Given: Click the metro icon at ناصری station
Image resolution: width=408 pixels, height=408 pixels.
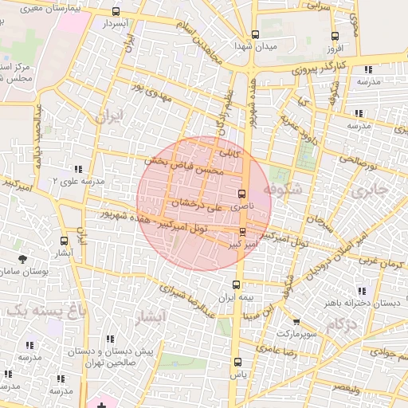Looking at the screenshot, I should (242, 194).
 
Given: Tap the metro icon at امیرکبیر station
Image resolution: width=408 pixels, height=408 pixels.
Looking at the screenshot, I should (243, 233).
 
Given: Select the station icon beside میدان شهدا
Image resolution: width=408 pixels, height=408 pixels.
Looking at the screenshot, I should (255, 35).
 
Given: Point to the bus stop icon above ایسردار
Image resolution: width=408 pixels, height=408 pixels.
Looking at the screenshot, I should (116, 12).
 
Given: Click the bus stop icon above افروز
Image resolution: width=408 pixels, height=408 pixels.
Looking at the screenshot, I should (335, 36).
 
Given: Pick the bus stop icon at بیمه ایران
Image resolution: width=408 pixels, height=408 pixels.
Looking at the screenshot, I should (235, 284).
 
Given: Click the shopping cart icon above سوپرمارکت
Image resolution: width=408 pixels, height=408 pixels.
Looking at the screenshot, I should (296, 323).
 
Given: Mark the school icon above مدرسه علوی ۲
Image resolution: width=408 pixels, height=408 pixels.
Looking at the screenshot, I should (77, 169).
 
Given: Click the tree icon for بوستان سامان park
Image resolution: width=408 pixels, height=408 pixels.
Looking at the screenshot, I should (22, 259).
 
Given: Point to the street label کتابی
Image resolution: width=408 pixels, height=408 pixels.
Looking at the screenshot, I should (229, 151).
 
